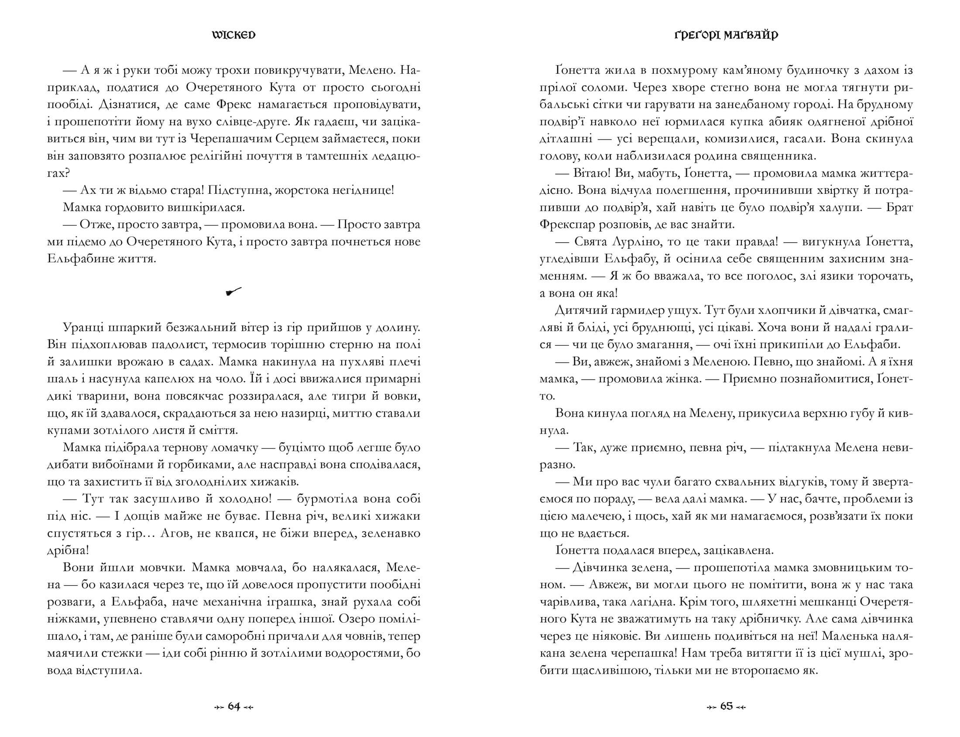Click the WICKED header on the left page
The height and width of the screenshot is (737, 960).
click(x=233, y=35)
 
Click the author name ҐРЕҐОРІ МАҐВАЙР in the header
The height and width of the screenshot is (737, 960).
click(x=726, y=35)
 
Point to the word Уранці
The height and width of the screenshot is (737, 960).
click(x=85, y=328)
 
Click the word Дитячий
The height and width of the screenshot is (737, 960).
click(x=579, y=310)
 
